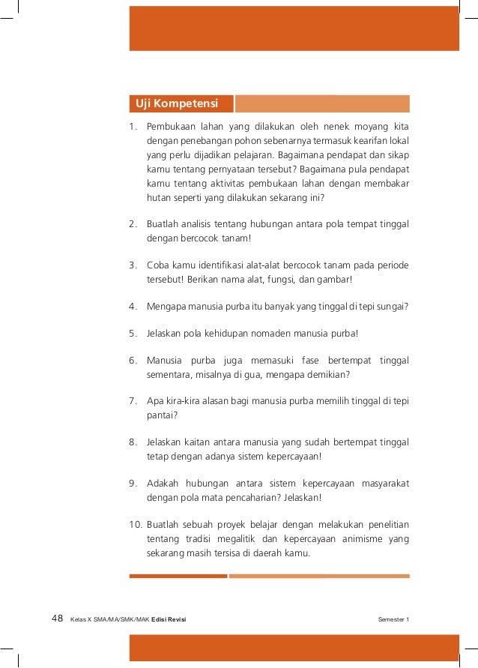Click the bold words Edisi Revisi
[x=169, y=619]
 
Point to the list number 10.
[x=134, y=524]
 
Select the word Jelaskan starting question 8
[x=163, y=442]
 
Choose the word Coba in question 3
[x=158, y=265]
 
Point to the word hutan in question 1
[x=158, y=199]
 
